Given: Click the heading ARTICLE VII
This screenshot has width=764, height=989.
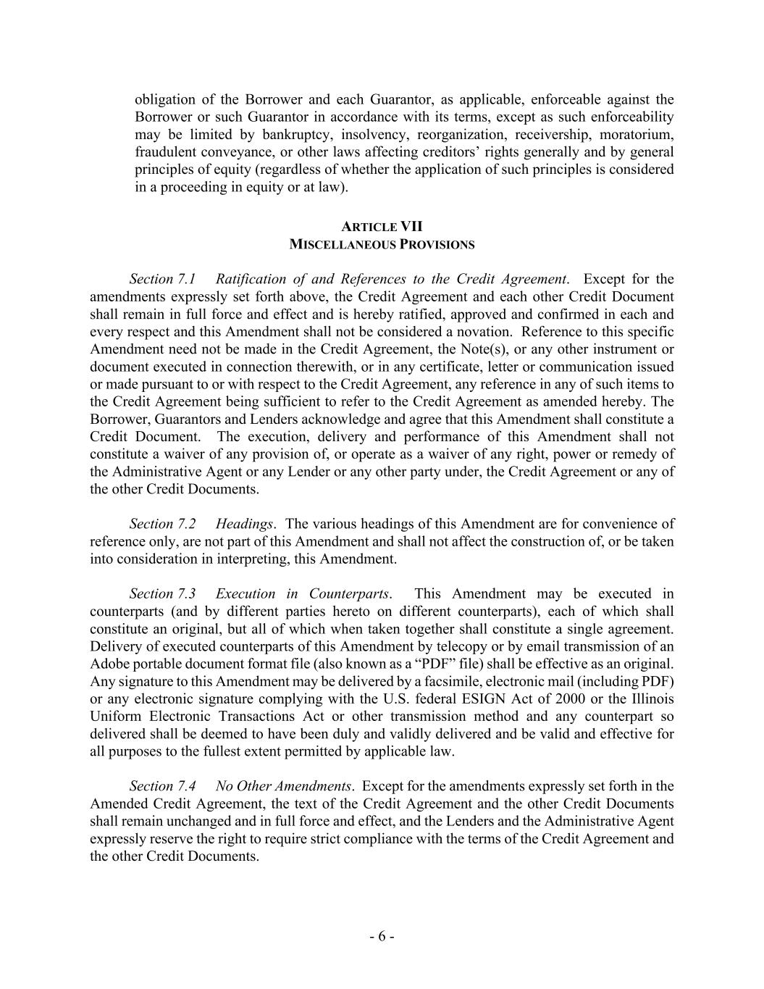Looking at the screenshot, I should click(x=382, y=227).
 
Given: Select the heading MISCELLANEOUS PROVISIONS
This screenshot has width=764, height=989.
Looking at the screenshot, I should click(x=382, y=244).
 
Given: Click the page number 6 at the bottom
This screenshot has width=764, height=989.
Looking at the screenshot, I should click(x=382, y=936).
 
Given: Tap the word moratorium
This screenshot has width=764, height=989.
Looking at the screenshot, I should click(x=637, y=135).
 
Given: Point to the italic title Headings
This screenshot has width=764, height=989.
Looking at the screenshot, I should click(x=244, y=524).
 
